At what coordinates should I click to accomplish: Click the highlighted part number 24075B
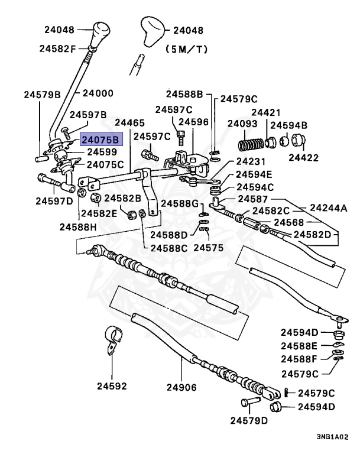click(x=101, y=140)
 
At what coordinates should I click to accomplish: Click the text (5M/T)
click(x=187, y=50)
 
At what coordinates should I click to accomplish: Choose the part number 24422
click(x=303, y=158)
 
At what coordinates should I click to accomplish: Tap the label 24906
click(x=181, y=387)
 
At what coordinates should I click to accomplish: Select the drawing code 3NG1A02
click(x=332, y=437)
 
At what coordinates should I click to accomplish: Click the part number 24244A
click(x=329, y=208)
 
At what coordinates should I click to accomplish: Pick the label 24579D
click(x=249, y=420)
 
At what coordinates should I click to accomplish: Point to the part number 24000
click(x=98, y=93)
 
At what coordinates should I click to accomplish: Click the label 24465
click(x=129, y=123)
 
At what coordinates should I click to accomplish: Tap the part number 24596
click(x=193, y=122)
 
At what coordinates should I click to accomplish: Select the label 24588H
click(x=78, y=227)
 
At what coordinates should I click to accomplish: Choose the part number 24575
click(x=209, y=248)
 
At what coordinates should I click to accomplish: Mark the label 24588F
click(x=299, y=359)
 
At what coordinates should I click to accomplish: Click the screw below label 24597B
click(x=66, y=134)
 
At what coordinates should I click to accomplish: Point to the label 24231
click(x=251, y=161)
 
